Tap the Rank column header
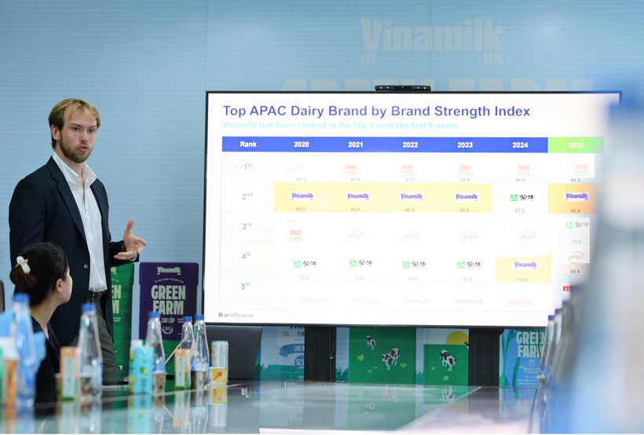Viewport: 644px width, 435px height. (248, 144)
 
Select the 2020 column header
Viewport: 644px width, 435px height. (302, 144)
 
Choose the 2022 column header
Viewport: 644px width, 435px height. (410, 144)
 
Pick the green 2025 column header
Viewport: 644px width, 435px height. (576, 145)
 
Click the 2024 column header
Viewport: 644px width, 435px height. (520, 144)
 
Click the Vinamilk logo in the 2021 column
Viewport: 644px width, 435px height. (357, 196)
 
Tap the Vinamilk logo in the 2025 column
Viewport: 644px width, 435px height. (576, 196)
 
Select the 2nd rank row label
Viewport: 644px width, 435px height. (247, 196)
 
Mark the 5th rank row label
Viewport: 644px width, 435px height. (247, 286)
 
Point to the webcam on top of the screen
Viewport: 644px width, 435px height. (402, 88)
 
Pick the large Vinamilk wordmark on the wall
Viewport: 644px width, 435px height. (431, 36)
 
